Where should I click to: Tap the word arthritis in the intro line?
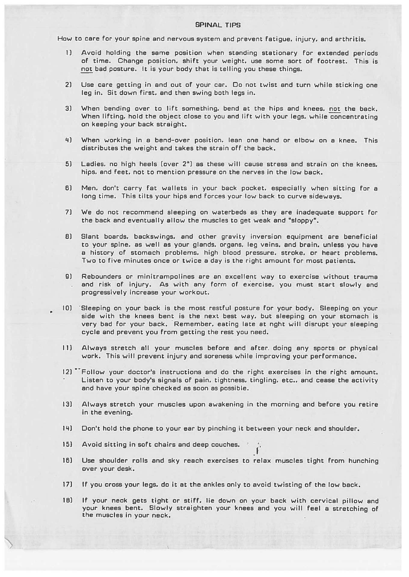pos(352,39)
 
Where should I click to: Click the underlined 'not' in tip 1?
pos(87,69)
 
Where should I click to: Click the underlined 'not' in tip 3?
pos(335,108)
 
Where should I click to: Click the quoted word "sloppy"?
pos(303,221)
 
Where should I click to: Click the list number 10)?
pos(67,308)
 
